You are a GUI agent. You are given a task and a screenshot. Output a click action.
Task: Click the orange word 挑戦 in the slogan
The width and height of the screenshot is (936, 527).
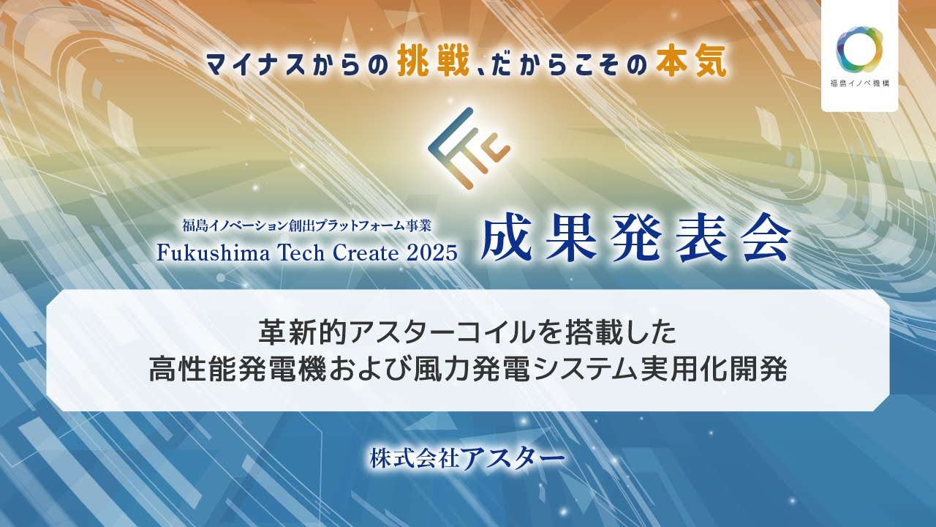click(434, 64)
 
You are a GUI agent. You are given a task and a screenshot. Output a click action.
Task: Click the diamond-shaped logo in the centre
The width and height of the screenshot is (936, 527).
click(468, 146)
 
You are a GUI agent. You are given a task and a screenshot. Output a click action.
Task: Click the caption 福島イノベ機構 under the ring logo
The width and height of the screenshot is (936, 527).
click(859, 83)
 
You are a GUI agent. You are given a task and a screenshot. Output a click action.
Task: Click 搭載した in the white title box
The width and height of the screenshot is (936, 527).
click(615, 333)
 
